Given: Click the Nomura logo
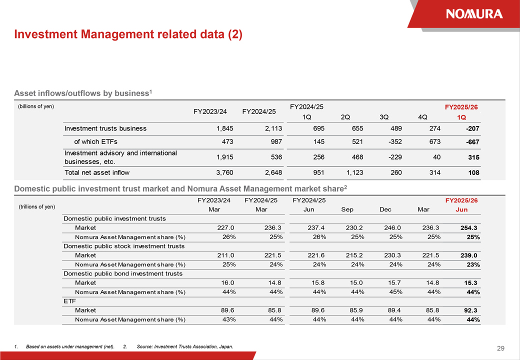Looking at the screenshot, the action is click(x=474, y=13).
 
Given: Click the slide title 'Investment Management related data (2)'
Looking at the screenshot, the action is click(x=128, y=34).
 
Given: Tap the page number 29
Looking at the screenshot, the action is click(x=500, y=348).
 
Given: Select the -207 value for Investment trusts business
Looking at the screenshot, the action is click(x=472, y=128).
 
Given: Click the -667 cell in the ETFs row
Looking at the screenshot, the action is click(x=472, y=142).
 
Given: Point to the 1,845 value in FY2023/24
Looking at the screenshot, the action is click(x=225, y=128).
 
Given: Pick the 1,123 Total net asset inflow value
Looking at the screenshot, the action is click(x=355, y=172).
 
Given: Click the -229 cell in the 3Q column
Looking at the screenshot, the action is click(x=395, y=157).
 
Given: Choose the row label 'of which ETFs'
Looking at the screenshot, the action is click(x=96, y=142).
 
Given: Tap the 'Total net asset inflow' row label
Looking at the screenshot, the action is click(x=97, y=172).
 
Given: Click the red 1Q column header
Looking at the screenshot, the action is click(x=461, y=117).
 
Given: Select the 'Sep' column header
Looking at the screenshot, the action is click(x=347, y=209).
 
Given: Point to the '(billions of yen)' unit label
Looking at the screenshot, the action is click(x=36, y=106).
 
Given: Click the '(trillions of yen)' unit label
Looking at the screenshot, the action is click(x=37, y=207).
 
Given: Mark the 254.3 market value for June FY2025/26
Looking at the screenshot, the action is click(x=469, y=227).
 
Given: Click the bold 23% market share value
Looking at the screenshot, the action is click(x=473, y=264).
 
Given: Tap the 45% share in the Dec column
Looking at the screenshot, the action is click(x=395, y=292).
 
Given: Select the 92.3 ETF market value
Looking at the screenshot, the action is click(x=470, y=310).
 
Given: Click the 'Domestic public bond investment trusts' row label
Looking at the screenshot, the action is click(x=123, y=273).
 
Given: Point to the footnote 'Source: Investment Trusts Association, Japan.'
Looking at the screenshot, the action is click(x=184, y=346).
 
